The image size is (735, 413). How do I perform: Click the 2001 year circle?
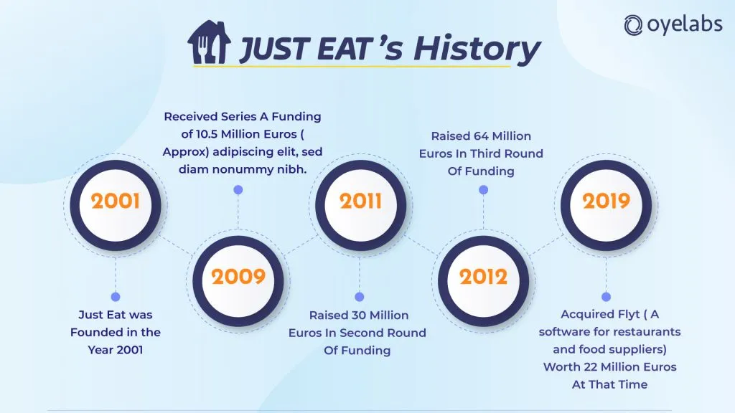pos(116,205)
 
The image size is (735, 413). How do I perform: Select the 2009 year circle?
pos(238,281)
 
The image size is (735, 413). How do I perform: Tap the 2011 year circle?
pos(360,205)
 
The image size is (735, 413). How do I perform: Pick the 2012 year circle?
pos(483,281)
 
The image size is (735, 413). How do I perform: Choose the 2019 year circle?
pos(606,205)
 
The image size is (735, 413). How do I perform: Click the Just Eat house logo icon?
pos(209,42)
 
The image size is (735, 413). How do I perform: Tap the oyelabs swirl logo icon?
pos(633,25)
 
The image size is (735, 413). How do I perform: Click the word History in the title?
pos(477,49)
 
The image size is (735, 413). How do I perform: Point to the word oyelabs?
pos(685,24)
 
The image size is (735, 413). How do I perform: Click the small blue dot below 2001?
pos(116,297)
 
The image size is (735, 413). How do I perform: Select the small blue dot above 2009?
pos(238,189)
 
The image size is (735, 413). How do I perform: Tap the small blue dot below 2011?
pos(360,297)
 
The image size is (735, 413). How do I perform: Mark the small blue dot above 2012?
pos(483,189)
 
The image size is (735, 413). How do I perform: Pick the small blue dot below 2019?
pos(606,297)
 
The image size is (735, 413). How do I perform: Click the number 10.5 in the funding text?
pos(207,134)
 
